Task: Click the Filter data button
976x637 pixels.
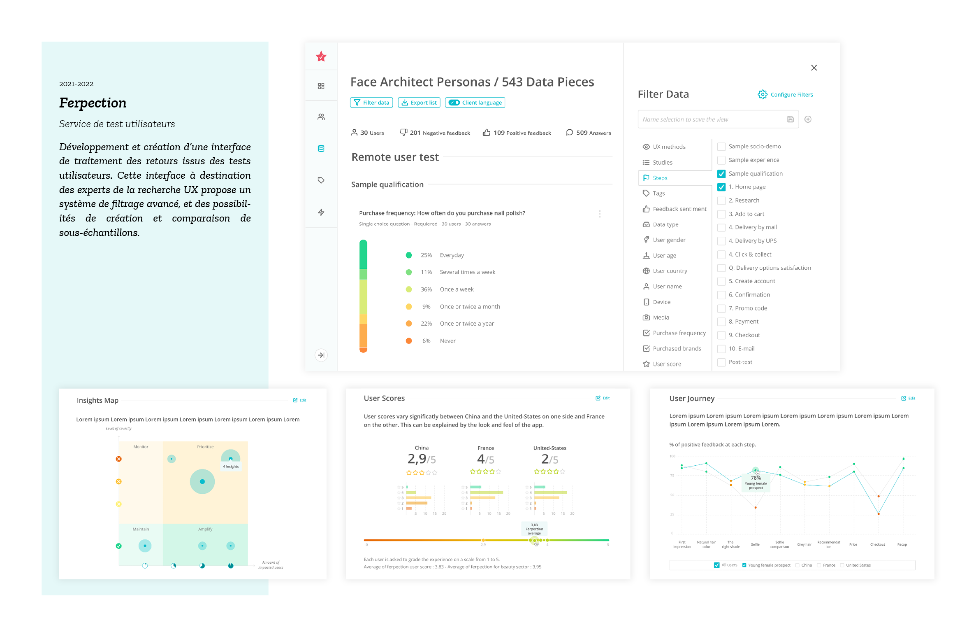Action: [371, 103]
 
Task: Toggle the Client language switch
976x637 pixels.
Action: [454, 103]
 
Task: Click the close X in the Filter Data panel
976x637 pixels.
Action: [814, 68]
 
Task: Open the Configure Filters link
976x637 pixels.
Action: [785, 95]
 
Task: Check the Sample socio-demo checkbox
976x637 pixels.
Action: [721, 147]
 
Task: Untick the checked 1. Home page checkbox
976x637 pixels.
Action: [721, 187]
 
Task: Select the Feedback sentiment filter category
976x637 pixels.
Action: [679, 209]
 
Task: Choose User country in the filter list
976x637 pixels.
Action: [670, 271]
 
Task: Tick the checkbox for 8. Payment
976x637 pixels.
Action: [721, 322]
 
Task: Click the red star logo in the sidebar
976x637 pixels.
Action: [321, 56]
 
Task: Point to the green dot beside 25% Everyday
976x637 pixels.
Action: [408, 255]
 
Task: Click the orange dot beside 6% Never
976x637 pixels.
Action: [408, 341]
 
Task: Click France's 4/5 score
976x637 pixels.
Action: [485, 459]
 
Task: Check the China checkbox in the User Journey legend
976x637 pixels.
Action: [797, 565]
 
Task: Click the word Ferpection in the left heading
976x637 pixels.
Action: [93, 103]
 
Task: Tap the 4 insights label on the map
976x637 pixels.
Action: [231, 467]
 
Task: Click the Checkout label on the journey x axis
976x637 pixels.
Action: [877, 544]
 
